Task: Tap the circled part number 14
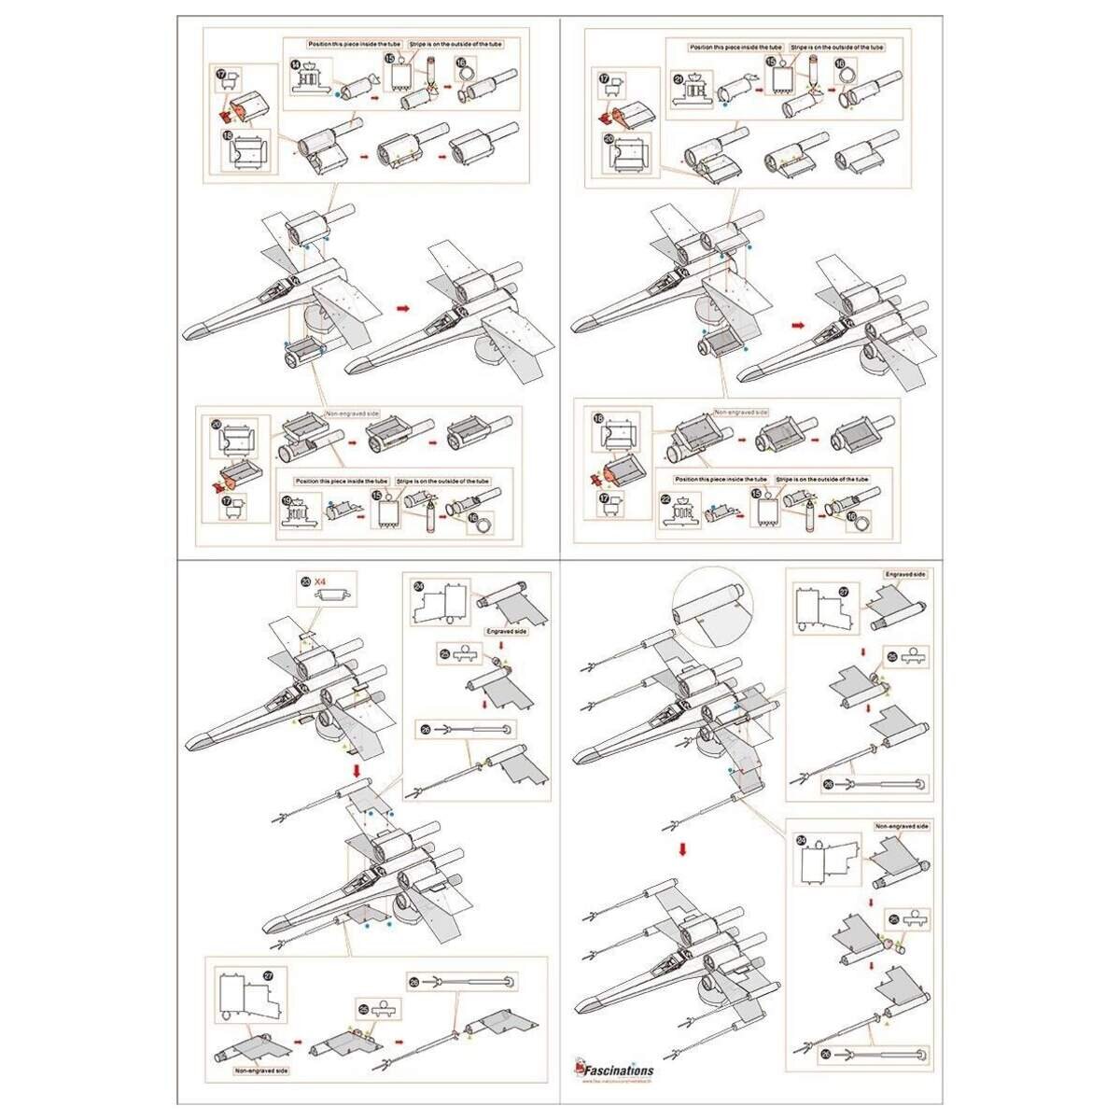click(x=295, y=63)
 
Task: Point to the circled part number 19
click(x=287, y=500)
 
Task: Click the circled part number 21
click(x=679, y=78)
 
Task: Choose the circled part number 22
click(x=665, y=499)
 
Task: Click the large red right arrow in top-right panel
click(x=797, y=325)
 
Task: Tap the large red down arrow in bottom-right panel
click(x=683, y=850)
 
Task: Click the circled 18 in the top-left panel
click(x=229, y=135)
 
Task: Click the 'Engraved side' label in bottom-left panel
click(x=507, y=632)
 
